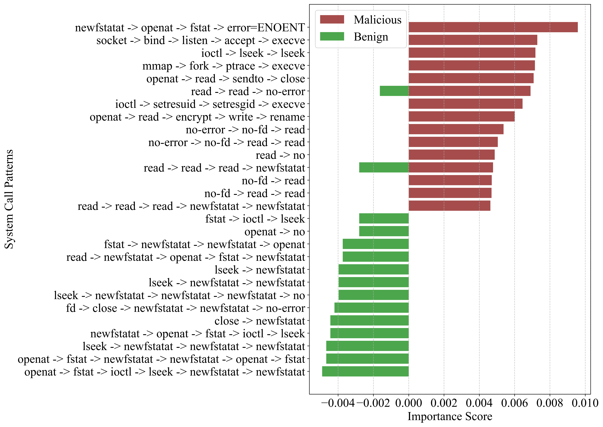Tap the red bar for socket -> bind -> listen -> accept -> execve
473,40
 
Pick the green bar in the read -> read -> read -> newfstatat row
384,168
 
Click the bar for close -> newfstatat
369,321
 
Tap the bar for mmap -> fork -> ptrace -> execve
472,66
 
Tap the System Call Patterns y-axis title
9,199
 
